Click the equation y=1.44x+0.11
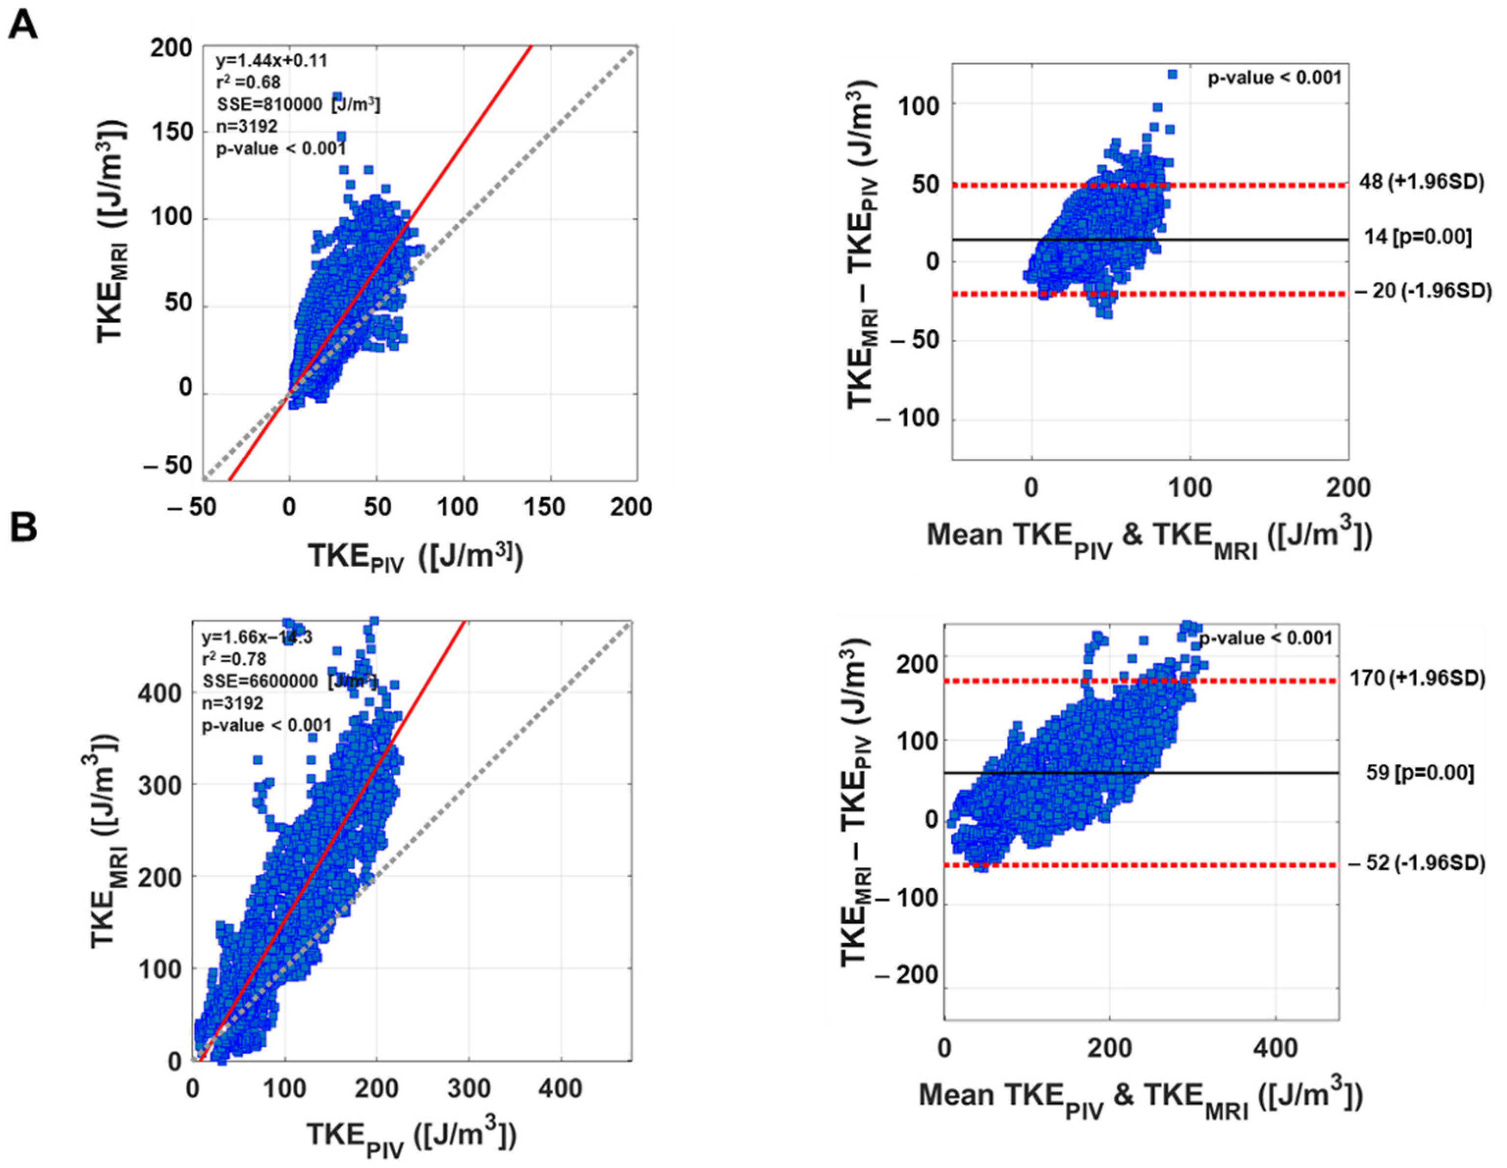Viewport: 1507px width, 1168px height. coord(271,61)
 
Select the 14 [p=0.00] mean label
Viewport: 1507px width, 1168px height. coord(1417,237)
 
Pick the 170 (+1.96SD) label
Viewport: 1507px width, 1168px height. coord(1417,678)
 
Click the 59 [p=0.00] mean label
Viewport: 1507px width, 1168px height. coord(1420,773)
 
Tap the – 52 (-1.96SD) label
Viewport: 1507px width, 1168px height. coord(1417,863)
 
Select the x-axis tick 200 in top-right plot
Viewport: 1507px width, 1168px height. coord(1348,488)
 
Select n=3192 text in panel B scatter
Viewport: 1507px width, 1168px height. coord(232,703)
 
